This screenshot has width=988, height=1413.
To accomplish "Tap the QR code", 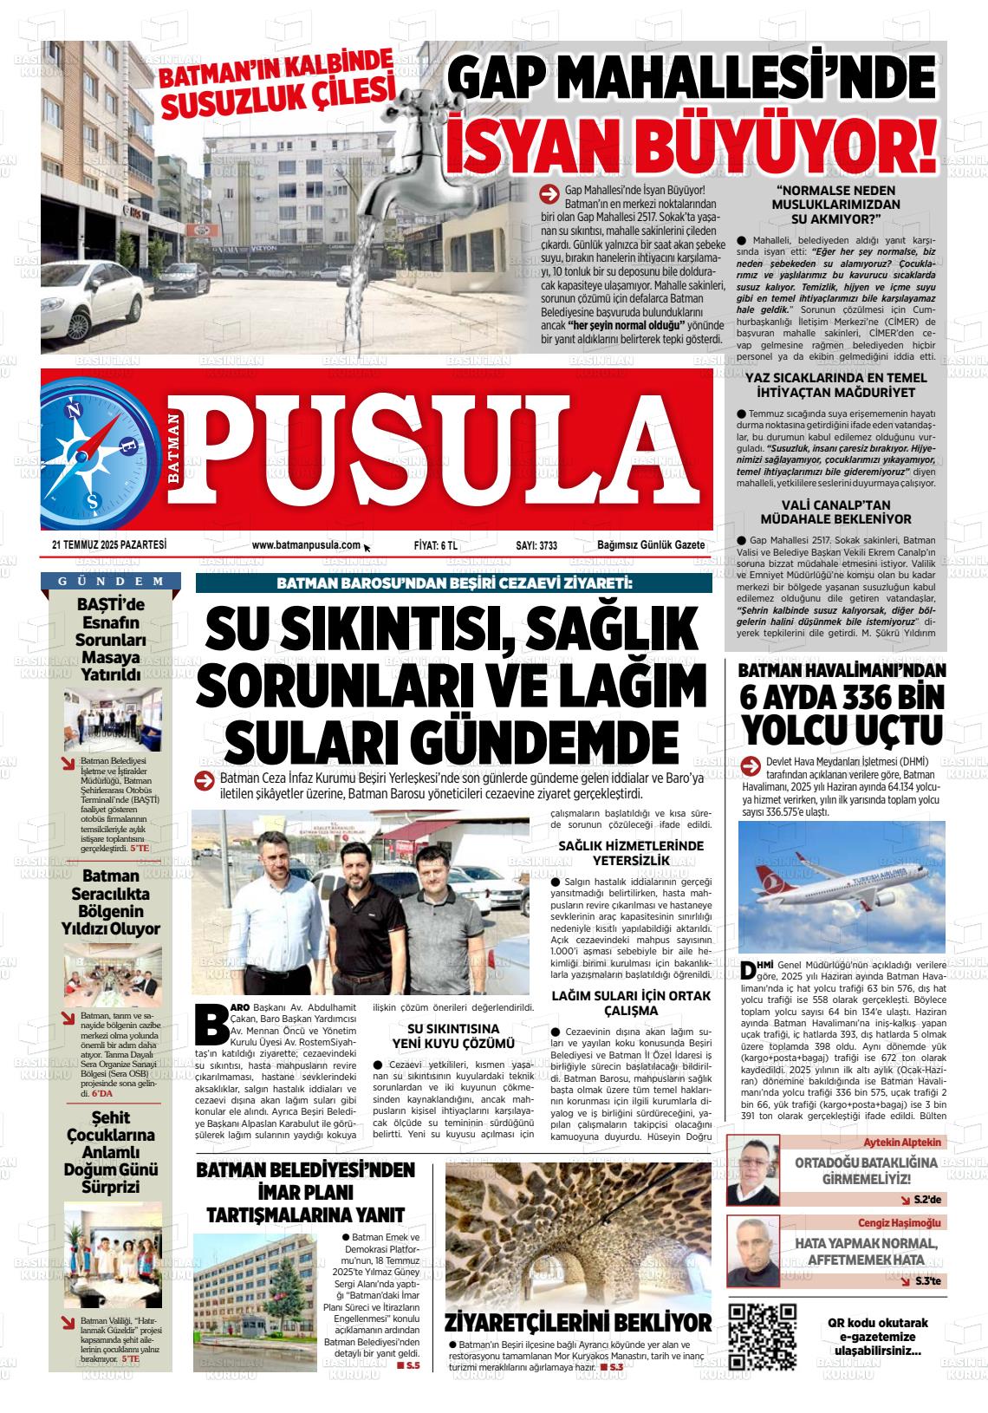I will [x=762, y=1336].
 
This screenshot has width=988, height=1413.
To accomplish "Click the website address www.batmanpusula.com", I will [x=306, y=545].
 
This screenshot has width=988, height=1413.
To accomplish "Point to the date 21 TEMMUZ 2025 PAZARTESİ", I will [x=108, y=545].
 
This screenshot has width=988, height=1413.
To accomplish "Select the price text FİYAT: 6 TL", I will [x=436, y=545].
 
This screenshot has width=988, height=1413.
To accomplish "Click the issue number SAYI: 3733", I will [x=536, y=545].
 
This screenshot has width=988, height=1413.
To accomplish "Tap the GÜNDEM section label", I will [x=110, y=581].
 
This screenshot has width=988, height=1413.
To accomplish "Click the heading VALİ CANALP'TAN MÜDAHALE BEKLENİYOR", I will [x=835, y=511].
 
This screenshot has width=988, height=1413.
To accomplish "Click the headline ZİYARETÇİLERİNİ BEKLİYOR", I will [x=578, y=1322].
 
